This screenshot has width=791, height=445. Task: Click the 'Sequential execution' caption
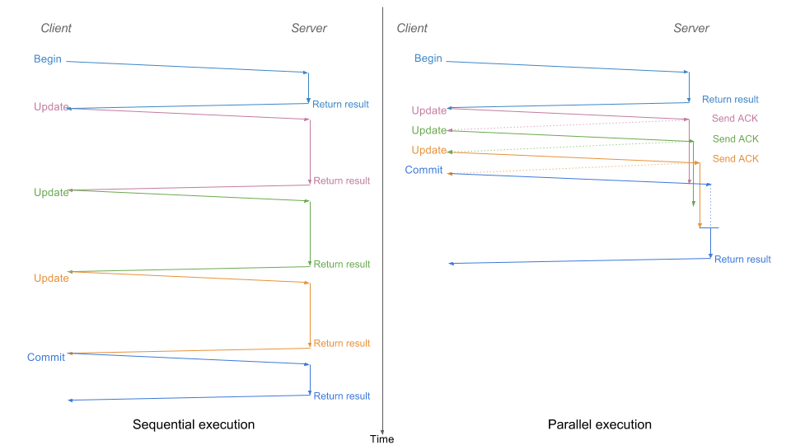pos(194,424)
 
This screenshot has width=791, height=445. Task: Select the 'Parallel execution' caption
pos(600,424)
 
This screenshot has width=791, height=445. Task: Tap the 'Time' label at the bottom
pos(381,439)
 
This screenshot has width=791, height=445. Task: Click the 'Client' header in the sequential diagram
pos(56,28)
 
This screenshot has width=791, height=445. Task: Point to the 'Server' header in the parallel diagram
pos(691,28)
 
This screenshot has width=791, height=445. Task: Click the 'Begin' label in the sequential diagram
pos(48,59)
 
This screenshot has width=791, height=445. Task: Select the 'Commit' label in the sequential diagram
pos(46,357)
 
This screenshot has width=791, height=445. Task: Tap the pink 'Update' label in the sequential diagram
pos(51,106)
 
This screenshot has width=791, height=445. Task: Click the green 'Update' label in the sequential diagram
pos(51,192)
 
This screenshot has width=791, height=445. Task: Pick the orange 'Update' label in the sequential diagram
pos(51,278)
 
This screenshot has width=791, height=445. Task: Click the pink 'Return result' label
pos(342,180)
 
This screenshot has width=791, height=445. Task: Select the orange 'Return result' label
pos(342,343)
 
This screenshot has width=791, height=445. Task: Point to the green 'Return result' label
pos(342,264)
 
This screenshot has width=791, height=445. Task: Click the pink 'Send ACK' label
pos(735,118)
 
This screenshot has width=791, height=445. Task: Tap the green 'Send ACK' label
pos(735,138)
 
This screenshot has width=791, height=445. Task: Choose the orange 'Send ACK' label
pos(735,158)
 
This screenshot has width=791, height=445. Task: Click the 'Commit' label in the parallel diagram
pos(424,170)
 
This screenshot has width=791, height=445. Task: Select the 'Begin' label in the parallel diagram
pos(428,59)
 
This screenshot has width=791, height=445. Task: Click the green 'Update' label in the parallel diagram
pos(429,130)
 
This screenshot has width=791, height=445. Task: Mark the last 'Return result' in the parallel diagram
pos(742,259)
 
